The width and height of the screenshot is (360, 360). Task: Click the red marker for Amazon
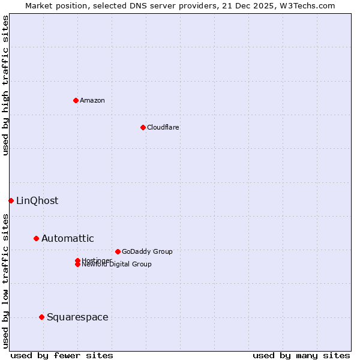(x=76, y=100)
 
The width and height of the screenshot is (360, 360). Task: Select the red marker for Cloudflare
(x=143, y=127)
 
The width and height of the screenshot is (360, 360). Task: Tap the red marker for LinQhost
(x=11, y=200)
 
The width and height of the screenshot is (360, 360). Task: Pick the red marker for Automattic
(x=36, y=238)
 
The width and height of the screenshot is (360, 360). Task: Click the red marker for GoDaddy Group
(x=118, y=251)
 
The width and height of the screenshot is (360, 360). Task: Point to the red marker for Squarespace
(x=41, y=317)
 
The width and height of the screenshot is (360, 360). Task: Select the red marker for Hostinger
(x=77, y=260)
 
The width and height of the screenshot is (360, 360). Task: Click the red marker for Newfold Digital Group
(x=77, y=265)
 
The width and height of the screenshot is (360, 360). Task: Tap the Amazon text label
(x=92, y=100)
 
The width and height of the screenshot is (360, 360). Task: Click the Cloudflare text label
(x=163, y=127)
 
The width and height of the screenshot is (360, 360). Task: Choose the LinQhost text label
(x=37, y=200)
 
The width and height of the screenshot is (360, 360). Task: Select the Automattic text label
(x=68, y=238)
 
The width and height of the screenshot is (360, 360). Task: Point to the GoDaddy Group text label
(x=147, y=251)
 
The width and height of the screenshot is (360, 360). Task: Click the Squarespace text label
(x=77, y=317)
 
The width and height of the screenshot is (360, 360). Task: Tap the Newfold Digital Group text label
(x=117, y=265)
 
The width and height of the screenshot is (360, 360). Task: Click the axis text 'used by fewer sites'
(x=62, y=355)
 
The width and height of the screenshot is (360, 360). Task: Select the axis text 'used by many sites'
(x=301, y=355)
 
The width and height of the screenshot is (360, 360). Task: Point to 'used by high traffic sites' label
(x=5, y=85)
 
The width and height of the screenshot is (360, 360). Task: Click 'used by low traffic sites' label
(x=5, y=280)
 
